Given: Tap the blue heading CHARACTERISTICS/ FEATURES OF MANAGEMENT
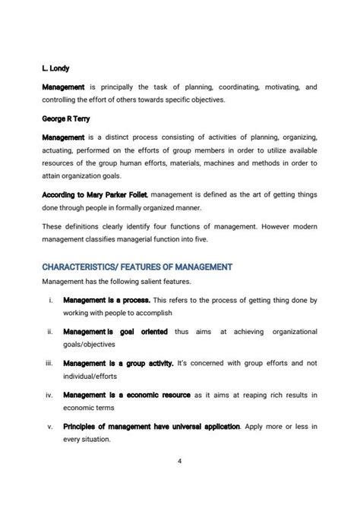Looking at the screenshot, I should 137,267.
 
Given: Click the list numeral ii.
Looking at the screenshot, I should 49,332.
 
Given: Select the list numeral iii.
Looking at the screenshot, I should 49,363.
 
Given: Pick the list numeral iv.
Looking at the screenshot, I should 49,394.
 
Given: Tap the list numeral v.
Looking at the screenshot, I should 50,426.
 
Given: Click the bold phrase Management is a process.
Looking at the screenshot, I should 107,301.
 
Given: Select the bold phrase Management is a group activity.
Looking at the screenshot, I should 118,363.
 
